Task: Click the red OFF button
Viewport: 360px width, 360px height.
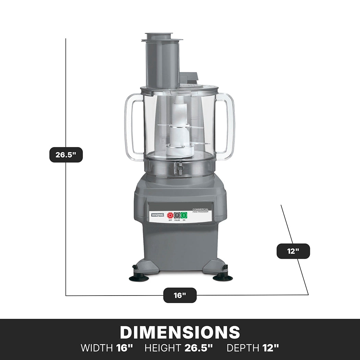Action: tap(170, 215)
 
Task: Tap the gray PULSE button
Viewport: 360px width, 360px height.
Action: tap(177, 215)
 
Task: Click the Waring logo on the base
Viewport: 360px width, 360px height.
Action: tap(158, 215)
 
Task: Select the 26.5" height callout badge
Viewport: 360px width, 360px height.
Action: tap(66, 155)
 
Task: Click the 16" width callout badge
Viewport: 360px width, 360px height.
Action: tap(180, 295)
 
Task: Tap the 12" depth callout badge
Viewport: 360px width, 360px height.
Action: tap(293, 251)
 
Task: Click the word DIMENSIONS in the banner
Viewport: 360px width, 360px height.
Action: tap(180, 332)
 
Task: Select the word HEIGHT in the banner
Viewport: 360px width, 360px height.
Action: tap(163, 348)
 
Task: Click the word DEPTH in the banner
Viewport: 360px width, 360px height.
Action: tap(243, 348)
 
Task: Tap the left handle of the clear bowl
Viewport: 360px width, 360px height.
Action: tap(132, 127)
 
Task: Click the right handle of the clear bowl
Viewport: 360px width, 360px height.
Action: tap(228, 127)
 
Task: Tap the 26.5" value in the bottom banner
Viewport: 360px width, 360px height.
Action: tap(199, 348)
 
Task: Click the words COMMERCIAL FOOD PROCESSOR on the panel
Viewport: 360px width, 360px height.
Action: tap(200, 210)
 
